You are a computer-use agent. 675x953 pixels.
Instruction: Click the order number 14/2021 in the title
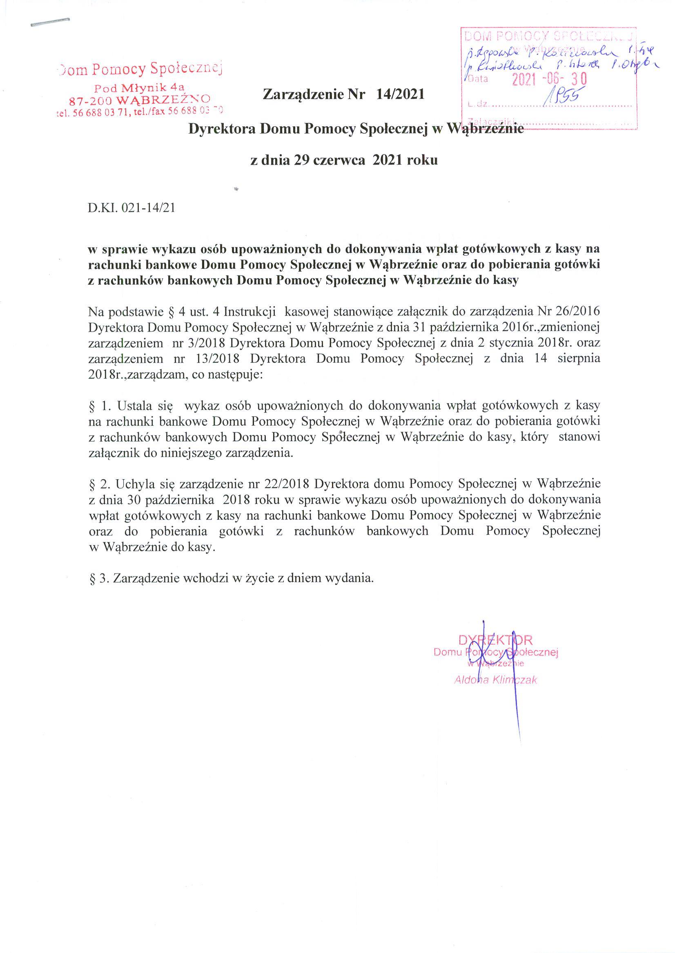(x=400, y=95)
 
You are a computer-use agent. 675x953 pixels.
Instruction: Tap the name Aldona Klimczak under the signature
(x=496, y=680)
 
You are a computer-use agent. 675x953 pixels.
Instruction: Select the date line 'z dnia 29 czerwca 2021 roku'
(x=344, y=161)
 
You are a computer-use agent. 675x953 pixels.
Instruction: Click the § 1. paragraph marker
(x=100, y=405)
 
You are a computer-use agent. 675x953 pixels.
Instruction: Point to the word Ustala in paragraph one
(x=135, y=405)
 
